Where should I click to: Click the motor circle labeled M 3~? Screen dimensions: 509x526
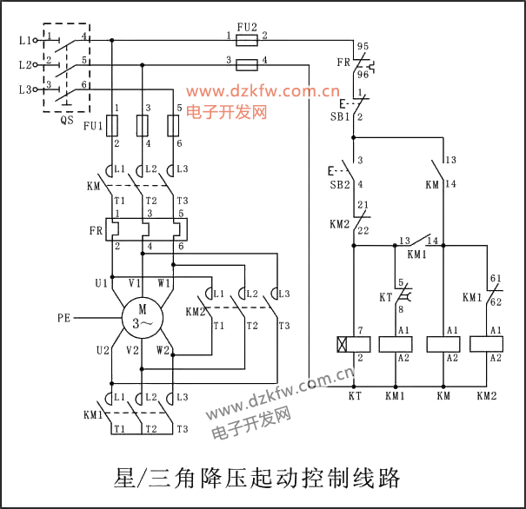[x=142, y=318]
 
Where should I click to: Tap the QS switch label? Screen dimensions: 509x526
[x=67, y=121]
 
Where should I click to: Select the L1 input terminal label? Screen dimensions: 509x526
[x=23, y=40]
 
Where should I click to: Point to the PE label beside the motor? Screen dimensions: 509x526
[x=64, y=318]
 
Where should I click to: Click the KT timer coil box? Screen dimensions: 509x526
[x=354, y=343]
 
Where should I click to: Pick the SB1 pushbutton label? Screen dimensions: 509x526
[x=339, y=116]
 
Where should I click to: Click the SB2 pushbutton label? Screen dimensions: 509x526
[x=339, y=184]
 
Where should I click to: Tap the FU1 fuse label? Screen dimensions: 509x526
[x=92, y=126]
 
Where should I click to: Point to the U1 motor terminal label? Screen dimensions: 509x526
[x=102, y=283]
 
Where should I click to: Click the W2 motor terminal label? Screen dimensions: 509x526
[x=163, y=351]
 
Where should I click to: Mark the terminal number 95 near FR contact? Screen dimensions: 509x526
[x=363, y=45]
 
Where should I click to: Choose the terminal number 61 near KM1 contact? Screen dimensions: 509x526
[x=496, y=279]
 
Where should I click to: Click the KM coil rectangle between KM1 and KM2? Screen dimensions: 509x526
[x=443, y=343]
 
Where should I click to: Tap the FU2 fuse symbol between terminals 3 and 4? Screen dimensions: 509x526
[x=247, y=63]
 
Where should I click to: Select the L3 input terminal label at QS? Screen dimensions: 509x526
[x=23, y=89]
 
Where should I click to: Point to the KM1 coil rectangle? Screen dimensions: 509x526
[x=395, y=343]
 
